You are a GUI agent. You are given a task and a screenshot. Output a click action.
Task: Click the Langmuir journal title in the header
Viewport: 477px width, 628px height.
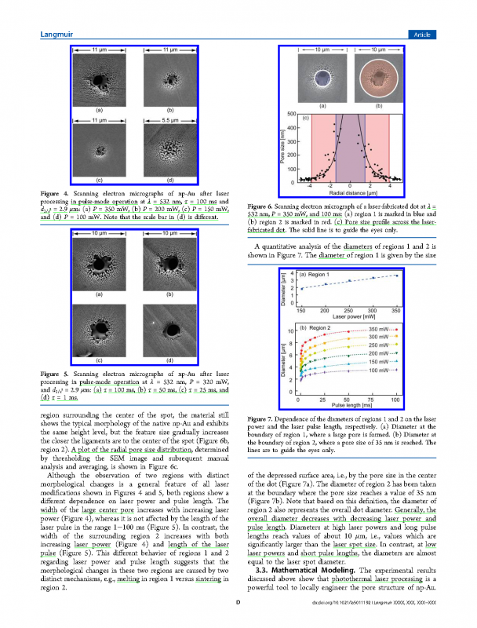pyautogui.click(x=56, y=33)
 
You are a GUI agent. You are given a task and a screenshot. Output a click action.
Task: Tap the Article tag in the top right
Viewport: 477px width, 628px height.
pyautogui.click(x=423, y=33)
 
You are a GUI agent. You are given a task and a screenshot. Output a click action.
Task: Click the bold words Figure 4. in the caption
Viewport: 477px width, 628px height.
pyautogui.click(x=56, y=193)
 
